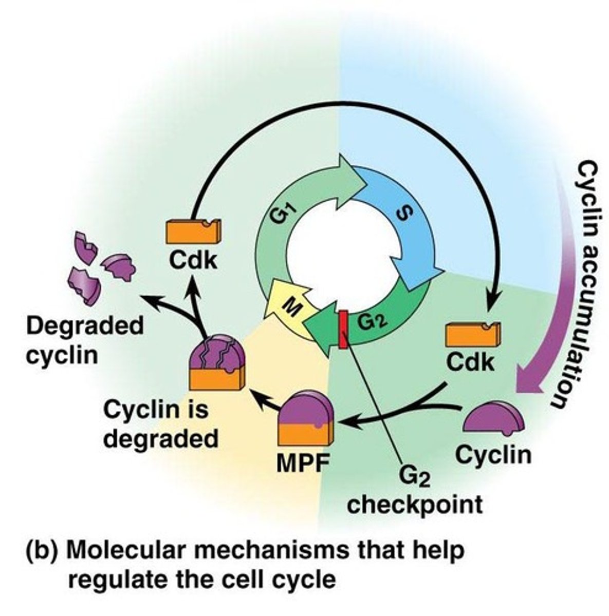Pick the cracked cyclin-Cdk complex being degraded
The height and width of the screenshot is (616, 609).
pyautogui.click(x=215, y=362)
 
